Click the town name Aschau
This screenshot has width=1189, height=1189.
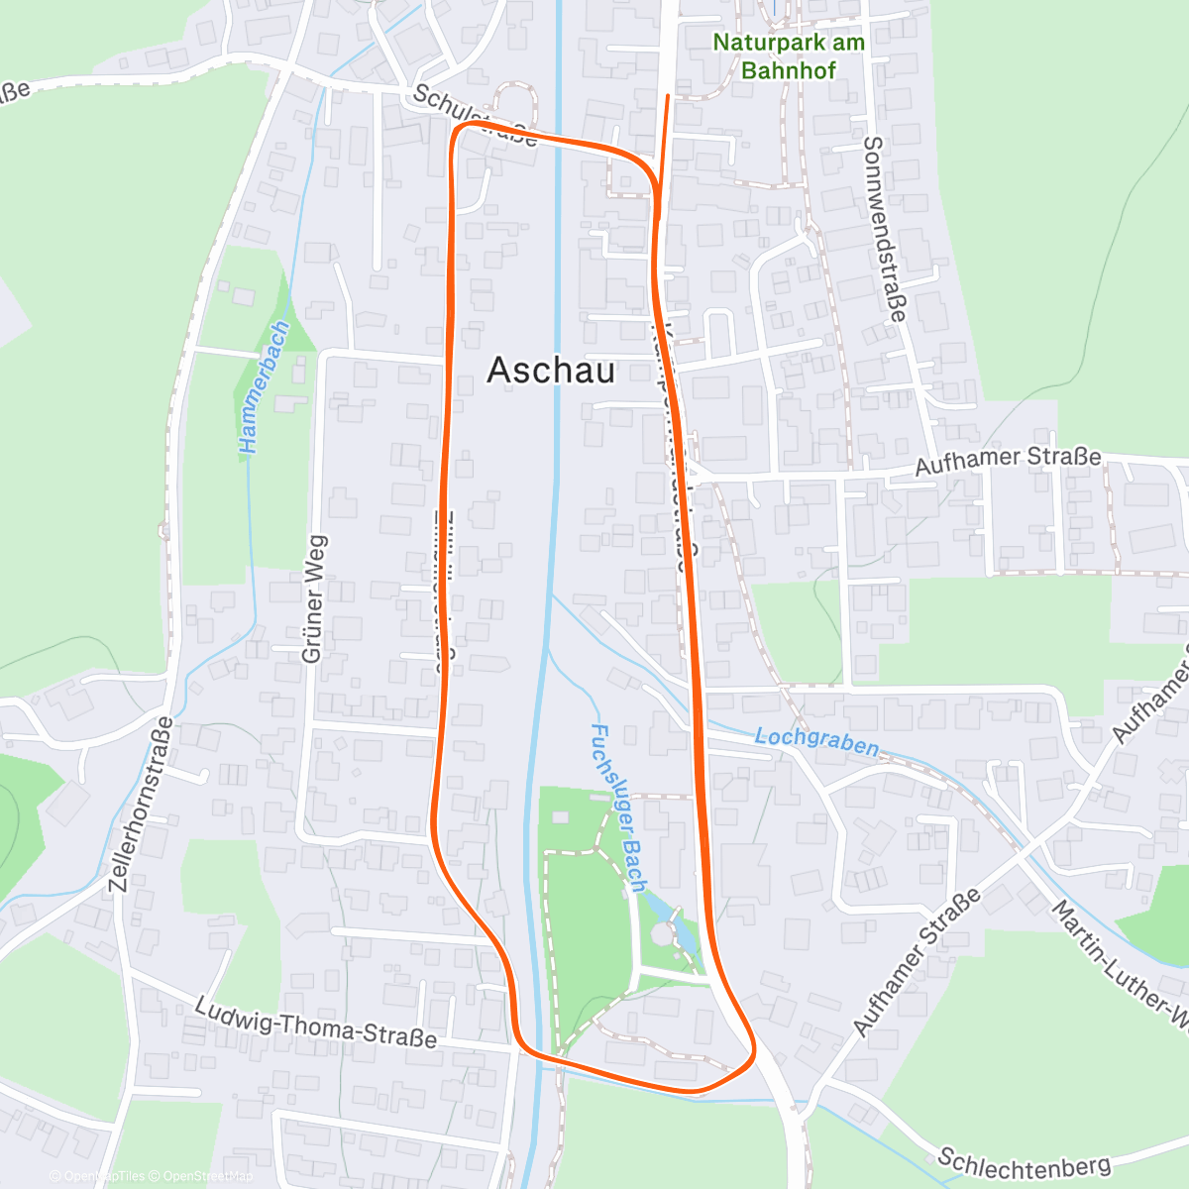551,371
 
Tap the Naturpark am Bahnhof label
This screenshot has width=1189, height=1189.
789,56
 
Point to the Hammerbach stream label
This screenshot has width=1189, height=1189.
264,387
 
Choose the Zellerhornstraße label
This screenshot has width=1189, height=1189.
141,804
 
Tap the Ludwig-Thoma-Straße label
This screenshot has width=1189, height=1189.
315,1023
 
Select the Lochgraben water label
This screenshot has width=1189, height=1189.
816,741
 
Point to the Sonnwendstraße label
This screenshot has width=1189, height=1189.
884,229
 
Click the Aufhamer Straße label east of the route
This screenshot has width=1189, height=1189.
1008,462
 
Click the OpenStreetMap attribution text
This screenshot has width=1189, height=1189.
208,1176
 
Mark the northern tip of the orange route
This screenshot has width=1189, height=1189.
668,96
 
